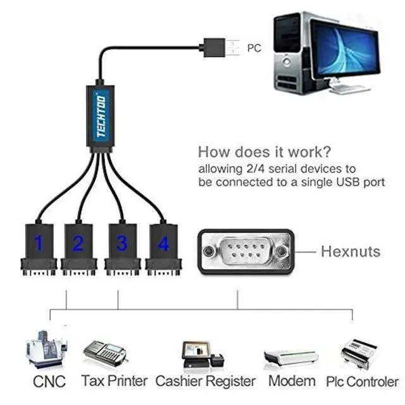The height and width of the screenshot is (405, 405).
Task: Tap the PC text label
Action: tap(254, 48)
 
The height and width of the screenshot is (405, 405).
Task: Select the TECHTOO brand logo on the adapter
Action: tap(101, 116)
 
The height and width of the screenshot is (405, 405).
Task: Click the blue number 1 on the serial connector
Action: tap(39, 243)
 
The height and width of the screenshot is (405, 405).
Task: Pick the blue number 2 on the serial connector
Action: tap(78, 243)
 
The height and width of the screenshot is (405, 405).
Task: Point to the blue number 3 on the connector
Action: tap(122, 243)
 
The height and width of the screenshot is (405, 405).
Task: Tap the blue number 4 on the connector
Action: tap(163, 243)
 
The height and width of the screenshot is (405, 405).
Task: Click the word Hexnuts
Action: tap(351, 251)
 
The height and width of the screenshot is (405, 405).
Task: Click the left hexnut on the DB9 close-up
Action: tap(208, 251)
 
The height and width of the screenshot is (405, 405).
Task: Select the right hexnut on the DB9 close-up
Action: tap(281, 251)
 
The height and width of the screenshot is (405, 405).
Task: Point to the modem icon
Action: tap(291, 358)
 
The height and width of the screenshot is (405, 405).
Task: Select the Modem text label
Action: tap(292, 381)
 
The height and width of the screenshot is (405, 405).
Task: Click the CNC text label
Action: tap(49, 381)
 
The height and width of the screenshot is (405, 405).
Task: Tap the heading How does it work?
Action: tap(265, 152)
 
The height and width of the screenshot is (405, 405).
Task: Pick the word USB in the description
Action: tap(348, 182)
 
